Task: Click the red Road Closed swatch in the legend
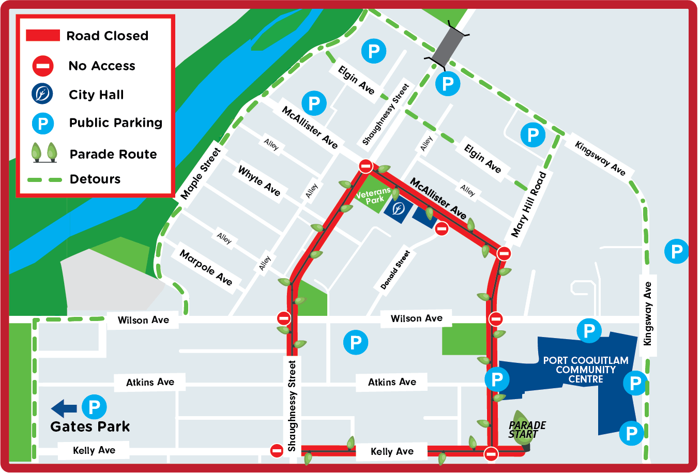click(x=43, y=36)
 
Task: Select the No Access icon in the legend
click(x=43, y=66)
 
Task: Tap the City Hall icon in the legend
click(x=42, y=94)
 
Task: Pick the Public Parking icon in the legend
click(x=43, y=123)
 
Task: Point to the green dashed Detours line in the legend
click(x=44, y=179)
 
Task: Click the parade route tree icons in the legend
click(x=44, y=153)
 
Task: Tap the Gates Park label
click(x=90, y=426)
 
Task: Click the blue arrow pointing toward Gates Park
click(x=64, y=408)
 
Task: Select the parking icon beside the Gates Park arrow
click(x=94, y=407)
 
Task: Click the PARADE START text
click(x=527, y=430)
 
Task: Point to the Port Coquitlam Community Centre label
click(x=586, y=370)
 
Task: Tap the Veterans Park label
click(x=373, y=196)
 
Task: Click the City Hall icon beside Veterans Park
click(x=398, y=209)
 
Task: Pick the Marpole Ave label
click(x=206, y=267)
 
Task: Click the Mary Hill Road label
click(x=528, y=204)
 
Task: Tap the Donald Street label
click(x=395, y=270)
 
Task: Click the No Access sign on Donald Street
click(x=442, y=228)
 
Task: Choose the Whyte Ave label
click(x=259, y=180)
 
